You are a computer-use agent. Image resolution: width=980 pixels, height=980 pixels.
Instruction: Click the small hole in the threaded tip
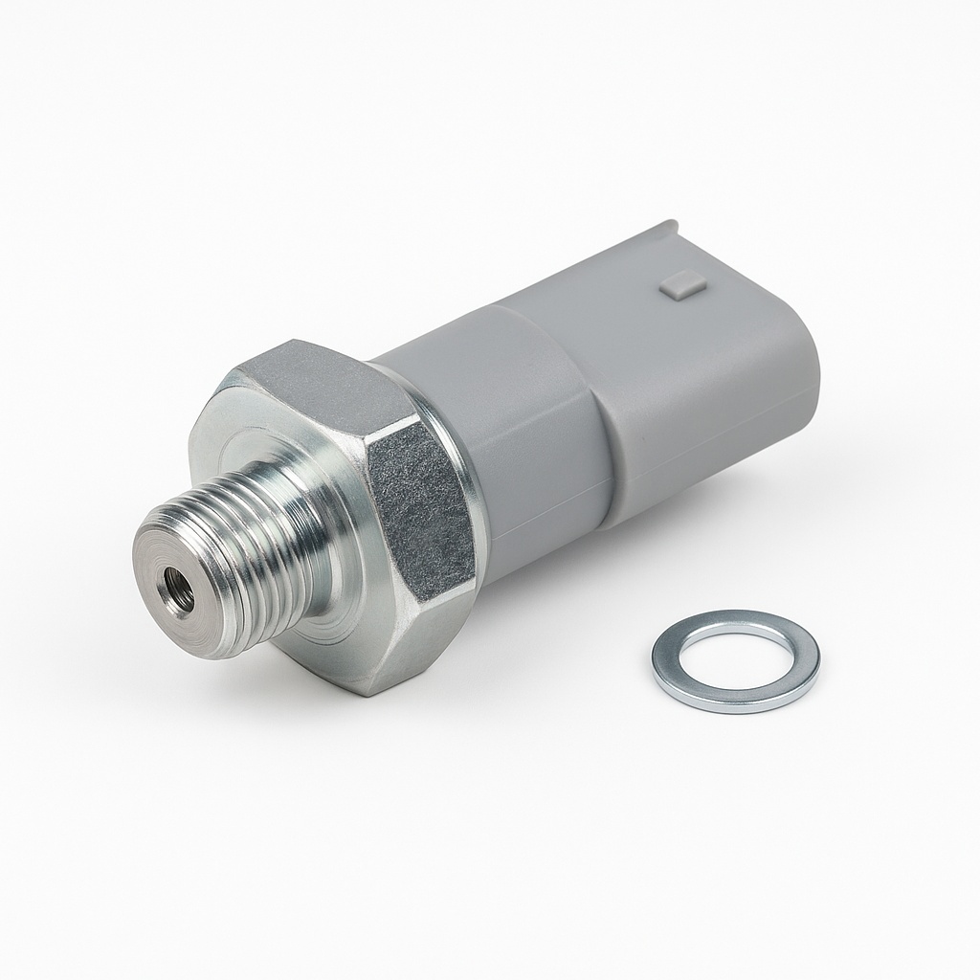coord(178,581)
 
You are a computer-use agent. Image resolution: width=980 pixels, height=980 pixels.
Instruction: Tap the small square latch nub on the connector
coord(684,284)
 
